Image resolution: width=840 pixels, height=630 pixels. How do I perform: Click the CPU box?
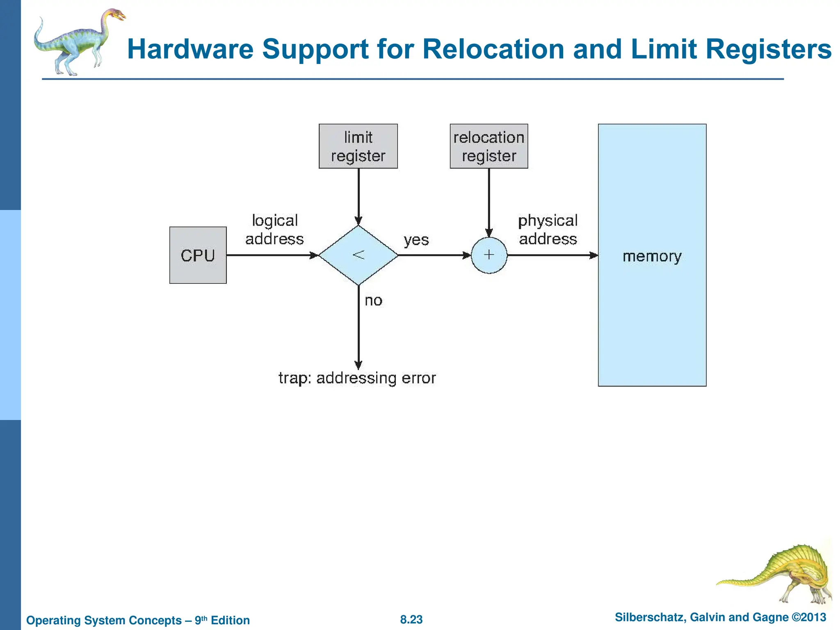tap(198, 255)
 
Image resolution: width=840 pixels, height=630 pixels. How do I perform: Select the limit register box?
tap(358, 146)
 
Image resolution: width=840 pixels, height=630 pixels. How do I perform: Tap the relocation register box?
tap(488, 146)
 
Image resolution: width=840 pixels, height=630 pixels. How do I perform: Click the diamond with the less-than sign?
tap(358, 255)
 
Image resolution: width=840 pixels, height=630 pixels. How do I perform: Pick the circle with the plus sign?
tap(488, 255)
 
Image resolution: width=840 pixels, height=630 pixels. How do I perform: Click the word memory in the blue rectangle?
tap(652, 256)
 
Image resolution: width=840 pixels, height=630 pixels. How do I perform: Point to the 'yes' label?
tap(416, 240)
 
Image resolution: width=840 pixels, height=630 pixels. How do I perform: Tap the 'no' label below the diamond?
tap(373, 301)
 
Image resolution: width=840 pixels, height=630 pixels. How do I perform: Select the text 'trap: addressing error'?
tap(357, 378)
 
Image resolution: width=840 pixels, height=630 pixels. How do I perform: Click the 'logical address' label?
tap(274, 230)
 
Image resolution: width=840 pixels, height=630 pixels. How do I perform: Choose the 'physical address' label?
tap(548, 230)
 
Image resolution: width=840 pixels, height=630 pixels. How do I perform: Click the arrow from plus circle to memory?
tap(552, 255)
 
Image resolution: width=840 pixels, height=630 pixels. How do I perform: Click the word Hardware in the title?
tap(190, 49)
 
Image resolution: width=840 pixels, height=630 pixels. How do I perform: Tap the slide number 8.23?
tap(411, 619)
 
